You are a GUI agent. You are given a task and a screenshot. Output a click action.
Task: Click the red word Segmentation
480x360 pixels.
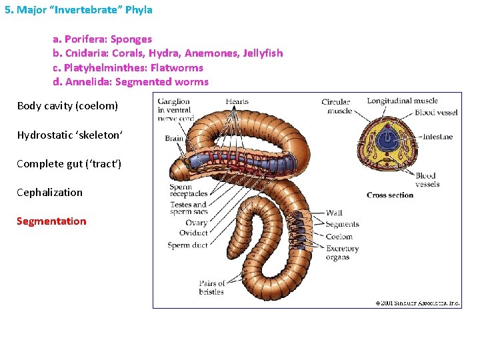(x=51, y=221)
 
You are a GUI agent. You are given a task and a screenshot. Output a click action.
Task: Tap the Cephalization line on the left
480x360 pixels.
(x=49, y=193)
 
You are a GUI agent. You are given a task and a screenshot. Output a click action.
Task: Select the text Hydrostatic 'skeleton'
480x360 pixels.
(x=69, y=135)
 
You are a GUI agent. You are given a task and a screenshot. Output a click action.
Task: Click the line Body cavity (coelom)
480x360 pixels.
(x=67, y=106)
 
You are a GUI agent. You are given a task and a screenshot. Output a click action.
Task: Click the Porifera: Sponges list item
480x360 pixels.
(x=102, y=39)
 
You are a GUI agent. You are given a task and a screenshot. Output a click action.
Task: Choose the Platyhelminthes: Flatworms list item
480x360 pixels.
(x=128, y=68)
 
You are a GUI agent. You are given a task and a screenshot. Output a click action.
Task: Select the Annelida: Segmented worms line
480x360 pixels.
(x=131, y=82)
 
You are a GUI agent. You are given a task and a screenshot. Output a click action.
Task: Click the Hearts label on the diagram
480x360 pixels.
(x=237, y=102)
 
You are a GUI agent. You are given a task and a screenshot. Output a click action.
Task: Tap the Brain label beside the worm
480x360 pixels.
(x=175, y=138)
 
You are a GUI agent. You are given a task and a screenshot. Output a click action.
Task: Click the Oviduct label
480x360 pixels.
(x=193, y=233)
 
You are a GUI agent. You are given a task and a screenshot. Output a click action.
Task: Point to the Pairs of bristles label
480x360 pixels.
(x=212, y=288)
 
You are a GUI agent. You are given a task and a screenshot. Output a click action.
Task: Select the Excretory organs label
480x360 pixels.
(x=342, y=253)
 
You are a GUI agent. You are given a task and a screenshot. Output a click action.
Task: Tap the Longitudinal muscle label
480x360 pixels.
(x=402, y=101)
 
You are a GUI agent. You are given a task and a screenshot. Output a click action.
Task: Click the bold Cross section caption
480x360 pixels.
(x=390, y=195)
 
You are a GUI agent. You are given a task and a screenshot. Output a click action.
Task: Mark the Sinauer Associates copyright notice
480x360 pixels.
(x=417, y=303)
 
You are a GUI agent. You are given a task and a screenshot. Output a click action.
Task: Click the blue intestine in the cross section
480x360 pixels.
(x=387, y=139)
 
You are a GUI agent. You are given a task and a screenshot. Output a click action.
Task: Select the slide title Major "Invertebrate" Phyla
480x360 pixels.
(x=79, y=10)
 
